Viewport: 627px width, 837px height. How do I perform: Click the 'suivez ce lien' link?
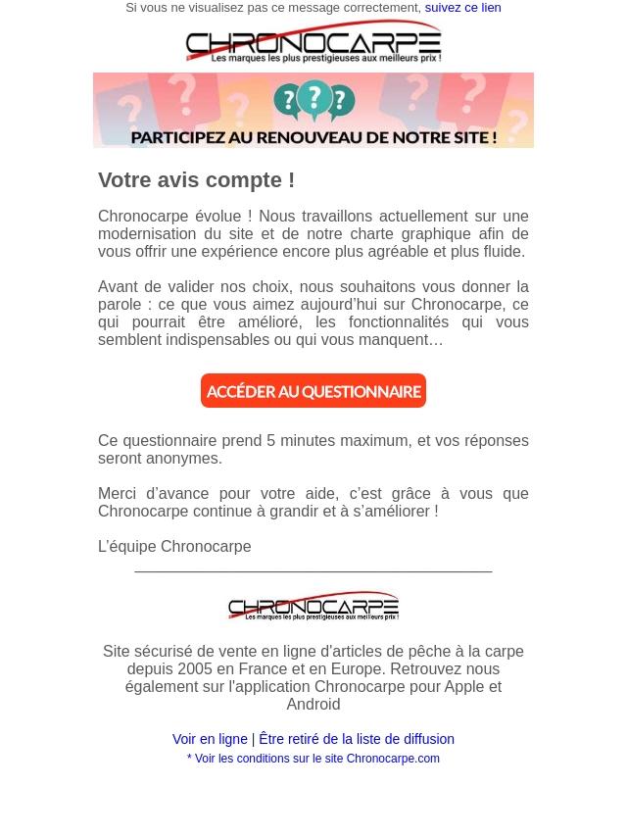pos(462,8)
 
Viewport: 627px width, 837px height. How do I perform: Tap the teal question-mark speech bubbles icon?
pos(313,101)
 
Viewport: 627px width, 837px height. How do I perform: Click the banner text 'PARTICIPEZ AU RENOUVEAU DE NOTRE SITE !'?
pos(313,137)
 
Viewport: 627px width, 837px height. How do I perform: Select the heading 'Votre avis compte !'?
pos(196,180)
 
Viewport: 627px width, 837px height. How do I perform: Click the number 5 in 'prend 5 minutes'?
pos(271,441)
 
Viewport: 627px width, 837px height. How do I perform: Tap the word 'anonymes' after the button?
pos(185,459)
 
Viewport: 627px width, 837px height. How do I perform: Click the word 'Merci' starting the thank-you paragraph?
pos(118,494)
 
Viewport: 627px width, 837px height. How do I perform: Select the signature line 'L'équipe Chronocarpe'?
pos(174,547)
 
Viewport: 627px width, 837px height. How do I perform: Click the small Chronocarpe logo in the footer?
pos(313,606)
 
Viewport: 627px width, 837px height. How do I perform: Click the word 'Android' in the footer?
pos(313,705)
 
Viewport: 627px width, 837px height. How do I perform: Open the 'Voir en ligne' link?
pos(210,740)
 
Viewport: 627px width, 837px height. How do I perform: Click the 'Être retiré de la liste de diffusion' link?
pos(357,740)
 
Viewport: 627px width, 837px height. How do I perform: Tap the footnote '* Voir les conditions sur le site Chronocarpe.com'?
pos(313,759)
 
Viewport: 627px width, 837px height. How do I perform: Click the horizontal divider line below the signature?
pos(313,569)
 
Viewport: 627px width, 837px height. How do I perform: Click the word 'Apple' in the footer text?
pos(465,687)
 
